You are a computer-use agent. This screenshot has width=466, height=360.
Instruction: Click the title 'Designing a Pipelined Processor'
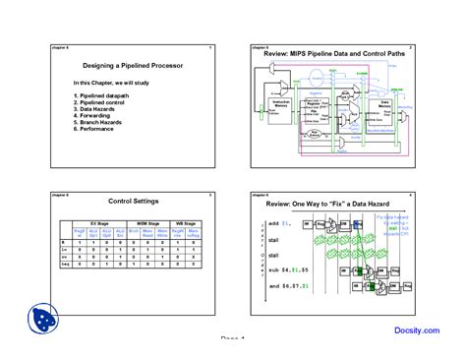[131, 65]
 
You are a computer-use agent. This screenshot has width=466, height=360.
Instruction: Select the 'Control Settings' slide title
[133, 202]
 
